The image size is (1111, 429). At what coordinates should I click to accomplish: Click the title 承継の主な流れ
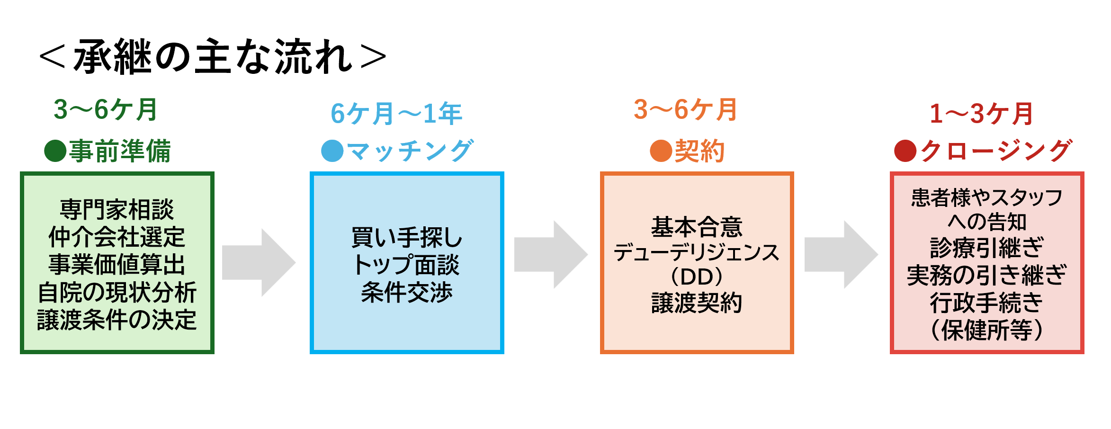(213, 57)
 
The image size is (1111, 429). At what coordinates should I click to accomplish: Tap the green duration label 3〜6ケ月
(106, 109)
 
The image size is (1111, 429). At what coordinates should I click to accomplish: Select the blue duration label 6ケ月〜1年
(396, 114)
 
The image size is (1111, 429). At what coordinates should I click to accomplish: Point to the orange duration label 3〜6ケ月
(685, 109)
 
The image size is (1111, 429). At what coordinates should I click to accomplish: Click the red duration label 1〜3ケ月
(981, 114)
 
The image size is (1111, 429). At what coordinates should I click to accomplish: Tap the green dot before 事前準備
(55, 151)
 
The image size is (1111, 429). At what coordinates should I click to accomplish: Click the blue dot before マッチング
(332, 151)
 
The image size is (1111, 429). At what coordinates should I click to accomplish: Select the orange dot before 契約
(661, 151)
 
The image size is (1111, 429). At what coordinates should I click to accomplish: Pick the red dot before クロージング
(905, 151)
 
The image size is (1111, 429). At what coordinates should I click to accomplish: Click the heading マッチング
(410, 151)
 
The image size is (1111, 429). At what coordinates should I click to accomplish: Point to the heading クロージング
(995, 151)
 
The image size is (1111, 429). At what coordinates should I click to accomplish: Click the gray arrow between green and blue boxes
(259, 263)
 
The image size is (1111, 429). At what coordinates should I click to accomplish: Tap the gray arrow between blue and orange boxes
(551, 255)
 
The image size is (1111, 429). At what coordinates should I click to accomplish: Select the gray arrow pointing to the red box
(842, 255)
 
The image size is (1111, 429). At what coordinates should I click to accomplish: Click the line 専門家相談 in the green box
(117, 210)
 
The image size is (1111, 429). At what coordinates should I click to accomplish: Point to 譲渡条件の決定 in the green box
(117, 320)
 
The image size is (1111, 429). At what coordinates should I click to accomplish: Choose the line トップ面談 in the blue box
(407, 265)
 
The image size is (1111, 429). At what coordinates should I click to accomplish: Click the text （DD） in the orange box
(697, 277)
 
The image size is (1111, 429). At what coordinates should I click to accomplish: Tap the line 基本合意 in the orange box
(697, 227)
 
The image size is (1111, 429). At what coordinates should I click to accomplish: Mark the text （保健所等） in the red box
(987, 330)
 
